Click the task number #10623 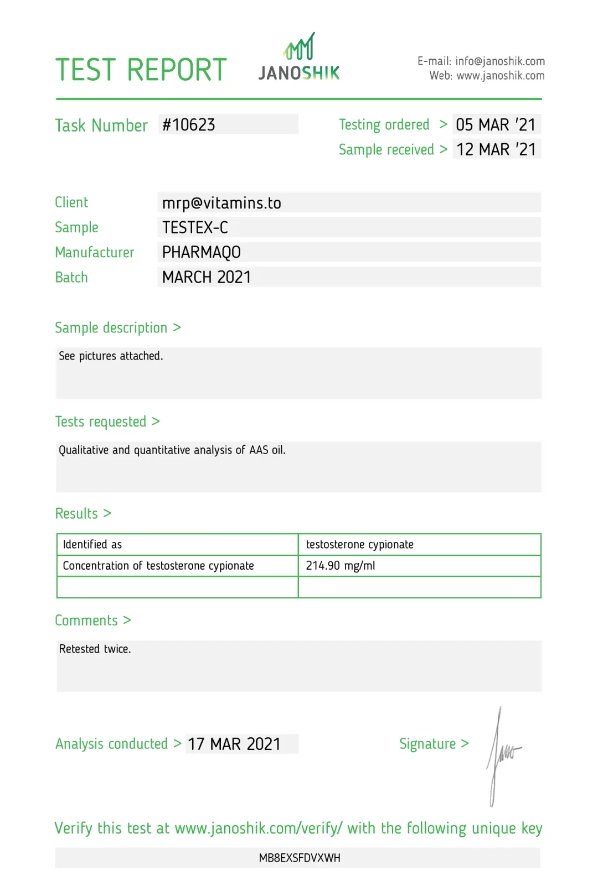[189, 125]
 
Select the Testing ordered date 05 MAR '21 [496, 125]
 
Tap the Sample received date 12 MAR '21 [496, 149]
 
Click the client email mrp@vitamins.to [221, 203]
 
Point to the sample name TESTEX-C [195, 227]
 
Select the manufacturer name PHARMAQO [202, 252]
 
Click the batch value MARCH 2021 [207, 277]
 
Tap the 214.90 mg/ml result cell [341, 566]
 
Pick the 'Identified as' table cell [92, 545]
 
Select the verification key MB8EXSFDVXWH [299, 858]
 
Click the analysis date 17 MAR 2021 [234, 744]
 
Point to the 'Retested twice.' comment [95, 649]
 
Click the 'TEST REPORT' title [141, 70]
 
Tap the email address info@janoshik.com [500, 61]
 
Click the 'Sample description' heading [111, 328]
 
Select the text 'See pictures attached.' [111, 356]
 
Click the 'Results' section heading [76, 514]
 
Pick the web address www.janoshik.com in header [500, 76]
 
